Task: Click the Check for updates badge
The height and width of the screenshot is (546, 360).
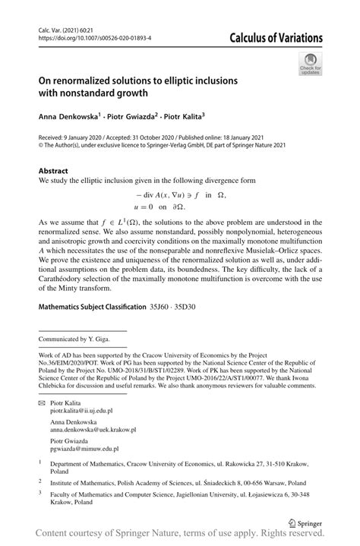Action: (311, 66)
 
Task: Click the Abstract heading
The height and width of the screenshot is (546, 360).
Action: (53, 172)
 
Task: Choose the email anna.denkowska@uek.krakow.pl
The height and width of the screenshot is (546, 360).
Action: (93, 429)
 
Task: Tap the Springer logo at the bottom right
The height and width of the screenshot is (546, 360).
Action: (302, 524)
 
